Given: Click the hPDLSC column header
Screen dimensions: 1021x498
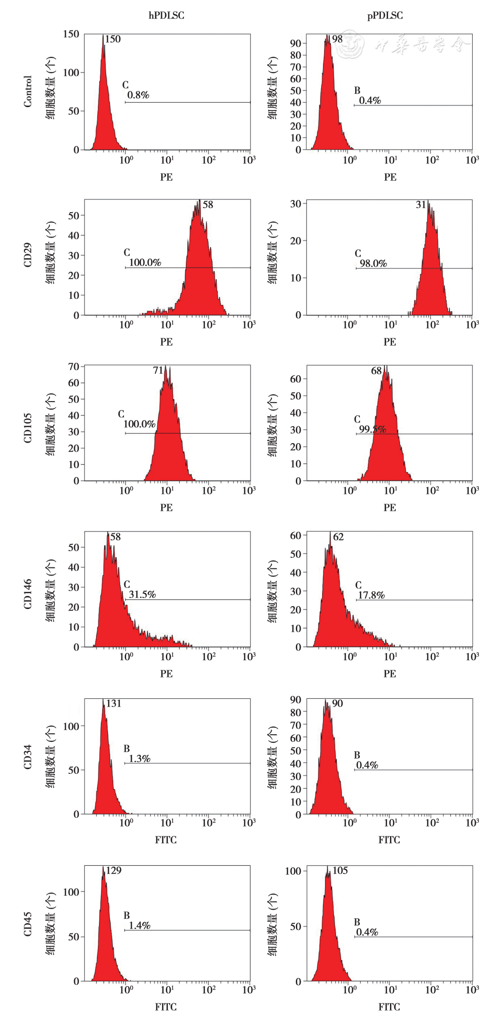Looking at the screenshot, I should (166, 16).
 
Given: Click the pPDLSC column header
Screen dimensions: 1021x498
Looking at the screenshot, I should (385, 16).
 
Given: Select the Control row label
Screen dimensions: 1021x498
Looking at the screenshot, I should (28, 91).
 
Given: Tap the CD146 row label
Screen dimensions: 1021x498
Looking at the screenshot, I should (28, 594).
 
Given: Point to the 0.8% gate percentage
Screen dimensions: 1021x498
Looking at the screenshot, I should (138, 95).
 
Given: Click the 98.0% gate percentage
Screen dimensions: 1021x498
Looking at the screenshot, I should (373, 263).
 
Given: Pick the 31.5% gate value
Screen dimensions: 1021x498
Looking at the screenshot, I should (142, 595).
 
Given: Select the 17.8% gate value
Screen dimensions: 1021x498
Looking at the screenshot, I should (371, 595).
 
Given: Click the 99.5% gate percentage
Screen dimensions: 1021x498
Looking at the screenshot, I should (372, 429).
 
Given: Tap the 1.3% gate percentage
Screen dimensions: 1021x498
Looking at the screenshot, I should (140, 759).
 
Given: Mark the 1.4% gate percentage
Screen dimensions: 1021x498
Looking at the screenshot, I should (140, 925).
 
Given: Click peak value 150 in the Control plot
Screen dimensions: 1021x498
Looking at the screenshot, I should (113, 39).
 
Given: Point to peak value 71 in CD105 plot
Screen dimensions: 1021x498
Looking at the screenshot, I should (158, 370).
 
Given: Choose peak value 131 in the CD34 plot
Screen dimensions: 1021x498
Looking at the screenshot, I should (114, 704).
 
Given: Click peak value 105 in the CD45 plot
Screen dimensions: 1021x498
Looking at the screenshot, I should (340, 870).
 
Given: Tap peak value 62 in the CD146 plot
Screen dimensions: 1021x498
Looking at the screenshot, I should (338, 537).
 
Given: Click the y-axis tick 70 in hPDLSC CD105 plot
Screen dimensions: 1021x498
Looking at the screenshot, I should (74, 367).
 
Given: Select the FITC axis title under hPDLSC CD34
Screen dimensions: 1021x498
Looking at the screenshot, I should (166, 840).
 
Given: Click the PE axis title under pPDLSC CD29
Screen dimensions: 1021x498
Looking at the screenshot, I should (390, 342).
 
